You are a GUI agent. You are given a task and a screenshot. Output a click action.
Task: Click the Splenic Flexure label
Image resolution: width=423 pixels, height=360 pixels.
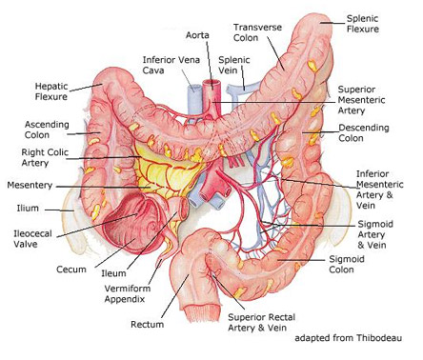pos(364,24)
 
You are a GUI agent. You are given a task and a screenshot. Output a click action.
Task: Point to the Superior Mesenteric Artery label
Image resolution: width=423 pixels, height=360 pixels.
pos(367,100)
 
